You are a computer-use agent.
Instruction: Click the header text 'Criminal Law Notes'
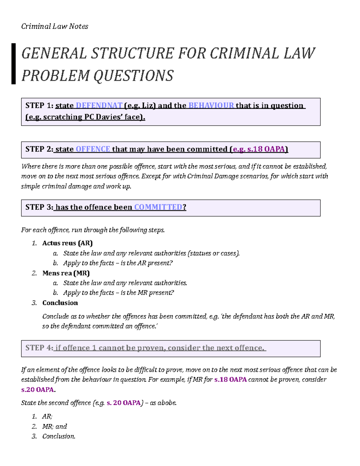55,26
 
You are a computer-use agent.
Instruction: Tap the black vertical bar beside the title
13,64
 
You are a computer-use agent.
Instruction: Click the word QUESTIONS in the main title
133,76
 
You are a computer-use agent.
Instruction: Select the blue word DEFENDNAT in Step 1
99,106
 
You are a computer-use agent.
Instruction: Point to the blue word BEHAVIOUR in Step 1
211,106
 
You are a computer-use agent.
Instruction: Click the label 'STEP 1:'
39,106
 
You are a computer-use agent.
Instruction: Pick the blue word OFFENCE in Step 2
93,149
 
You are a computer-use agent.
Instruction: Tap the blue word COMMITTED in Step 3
158,207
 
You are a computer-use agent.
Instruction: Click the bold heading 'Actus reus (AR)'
67,243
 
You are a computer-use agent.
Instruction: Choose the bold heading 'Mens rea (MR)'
66,273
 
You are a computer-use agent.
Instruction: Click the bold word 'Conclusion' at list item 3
60,303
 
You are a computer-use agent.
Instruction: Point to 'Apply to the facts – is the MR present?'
118,293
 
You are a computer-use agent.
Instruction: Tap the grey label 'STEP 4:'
39,348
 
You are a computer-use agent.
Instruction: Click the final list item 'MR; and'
55,426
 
